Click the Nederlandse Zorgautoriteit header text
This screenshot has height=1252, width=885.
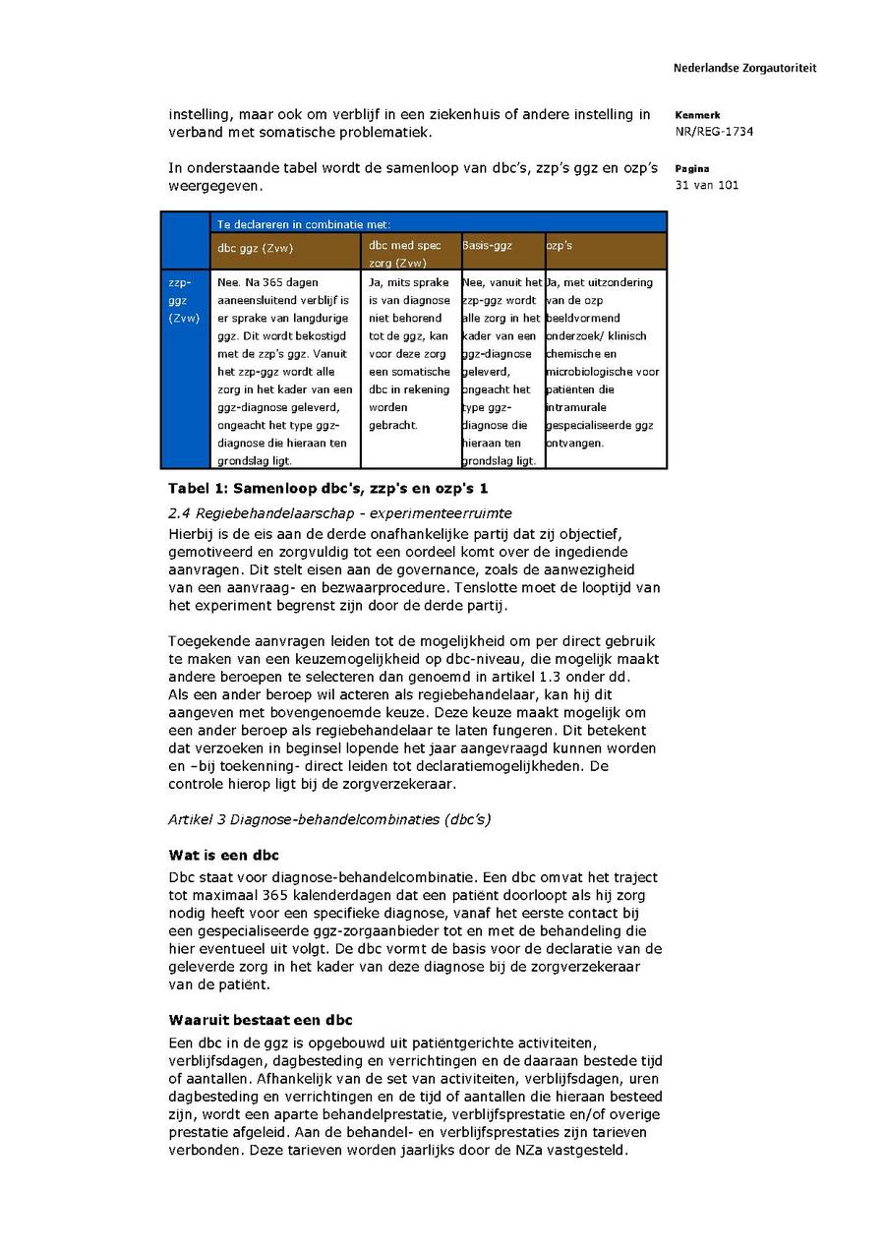(x=744, y=68)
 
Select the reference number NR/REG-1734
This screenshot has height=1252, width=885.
(x=714, y=132)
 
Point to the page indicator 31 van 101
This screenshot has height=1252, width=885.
(x=707, y=185)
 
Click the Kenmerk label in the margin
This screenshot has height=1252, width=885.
(x=697, y=115)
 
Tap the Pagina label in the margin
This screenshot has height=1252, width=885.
(x=692, y=168)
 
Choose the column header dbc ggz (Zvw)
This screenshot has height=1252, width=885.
(x=256, y=249)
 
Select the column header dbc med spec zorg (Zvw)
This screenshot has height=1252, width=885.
(x=405, y=254)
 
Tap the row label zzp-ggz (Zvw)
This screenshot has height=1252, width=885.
(x=185, y=300)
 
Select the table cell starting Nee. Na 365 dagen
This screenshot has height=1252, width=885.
(x=285, y=370)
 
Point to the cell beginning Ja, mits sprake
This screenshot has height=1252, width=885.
(x=410, y=353)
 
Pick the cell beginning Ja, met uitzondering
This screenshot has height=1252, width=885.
(x=604, y=362)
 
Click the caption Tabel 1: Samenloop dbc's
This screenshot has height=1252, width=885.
(x=328, y=488)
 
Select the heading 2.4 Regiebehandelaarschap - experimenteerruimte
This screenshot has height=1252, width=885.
(x=340, y=513)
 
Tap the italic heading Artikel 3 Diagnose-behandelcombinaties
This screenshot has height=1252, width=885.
(x=329, y=819)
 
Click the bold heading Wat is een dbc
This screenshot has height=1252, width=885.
(x=223, y=855)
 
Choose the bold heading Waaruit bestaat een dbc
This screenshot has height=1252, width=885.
(x=261, y=1020)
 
